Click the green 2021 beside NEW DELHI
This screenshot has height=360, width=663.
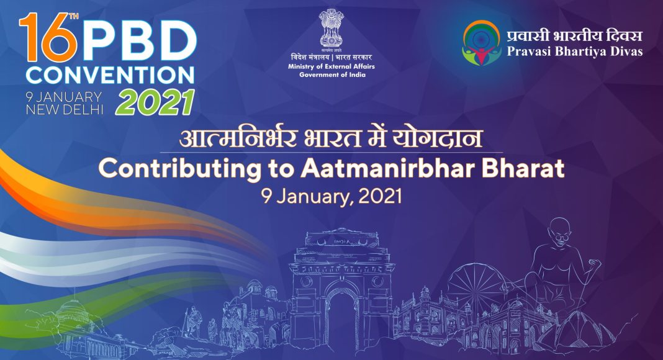pos(155,102)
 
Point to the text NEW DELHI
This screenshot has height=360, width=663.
pos(65,109)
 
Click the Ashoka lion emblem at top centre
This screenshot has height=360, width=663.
pos(331,28)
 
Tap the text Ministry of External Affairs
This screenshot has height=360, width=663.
pos(331,66)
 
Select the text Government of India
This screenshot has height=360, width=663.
pos(332,74)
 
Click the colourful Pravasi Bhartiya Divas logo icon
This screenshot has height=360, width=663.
pos(481,43)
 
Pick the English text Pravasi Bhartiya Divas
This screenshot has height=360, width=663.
pos(575,52)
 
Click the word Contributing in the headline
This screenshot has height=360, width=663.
pos(179,169)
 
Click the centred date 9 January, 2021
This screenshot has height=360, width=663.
pos(331,197)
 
